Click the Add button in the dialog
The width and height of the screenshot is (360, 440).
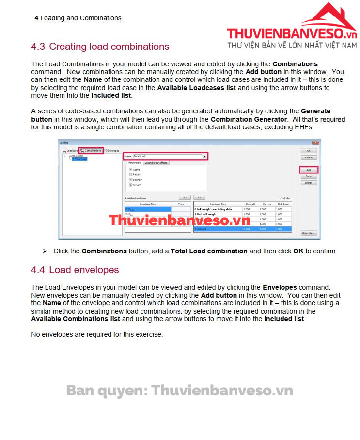pos(309,170)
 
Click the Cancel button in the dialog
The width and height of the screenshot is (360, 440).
pos(309,157)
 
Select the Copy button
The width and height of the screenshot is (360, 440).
pos(309,176)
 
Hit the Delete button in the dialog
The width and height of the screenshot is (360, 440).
pos(309,183)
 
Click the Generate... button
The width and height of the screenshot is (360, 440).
pos(309,233)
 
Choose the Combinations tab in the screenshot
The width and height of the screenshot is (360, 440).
pos(91,151)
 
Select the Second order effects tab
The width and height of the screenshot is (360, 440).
pos(156,163)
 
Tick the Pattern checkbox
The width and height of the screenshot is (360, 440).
pos(130,174)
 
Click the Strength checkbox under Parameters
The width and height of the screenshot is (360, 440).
pos(130,180)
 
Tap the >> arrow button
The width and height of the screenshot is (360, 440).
pos(185,198)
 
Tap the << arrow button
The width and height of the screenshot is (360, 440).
pos(199,198)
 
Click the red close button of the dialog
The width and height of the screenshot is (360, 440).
pos(315,143)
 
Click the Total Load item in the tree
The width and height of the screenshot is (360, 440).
pos(80,159)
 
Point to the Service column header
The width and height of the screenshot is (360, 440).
pos(266,204)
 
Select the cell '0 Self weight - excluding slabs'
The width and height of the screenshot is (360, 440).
pos(217,209)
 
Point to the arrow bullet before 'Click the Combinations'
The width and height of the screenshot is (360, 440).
pos(45,251)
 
